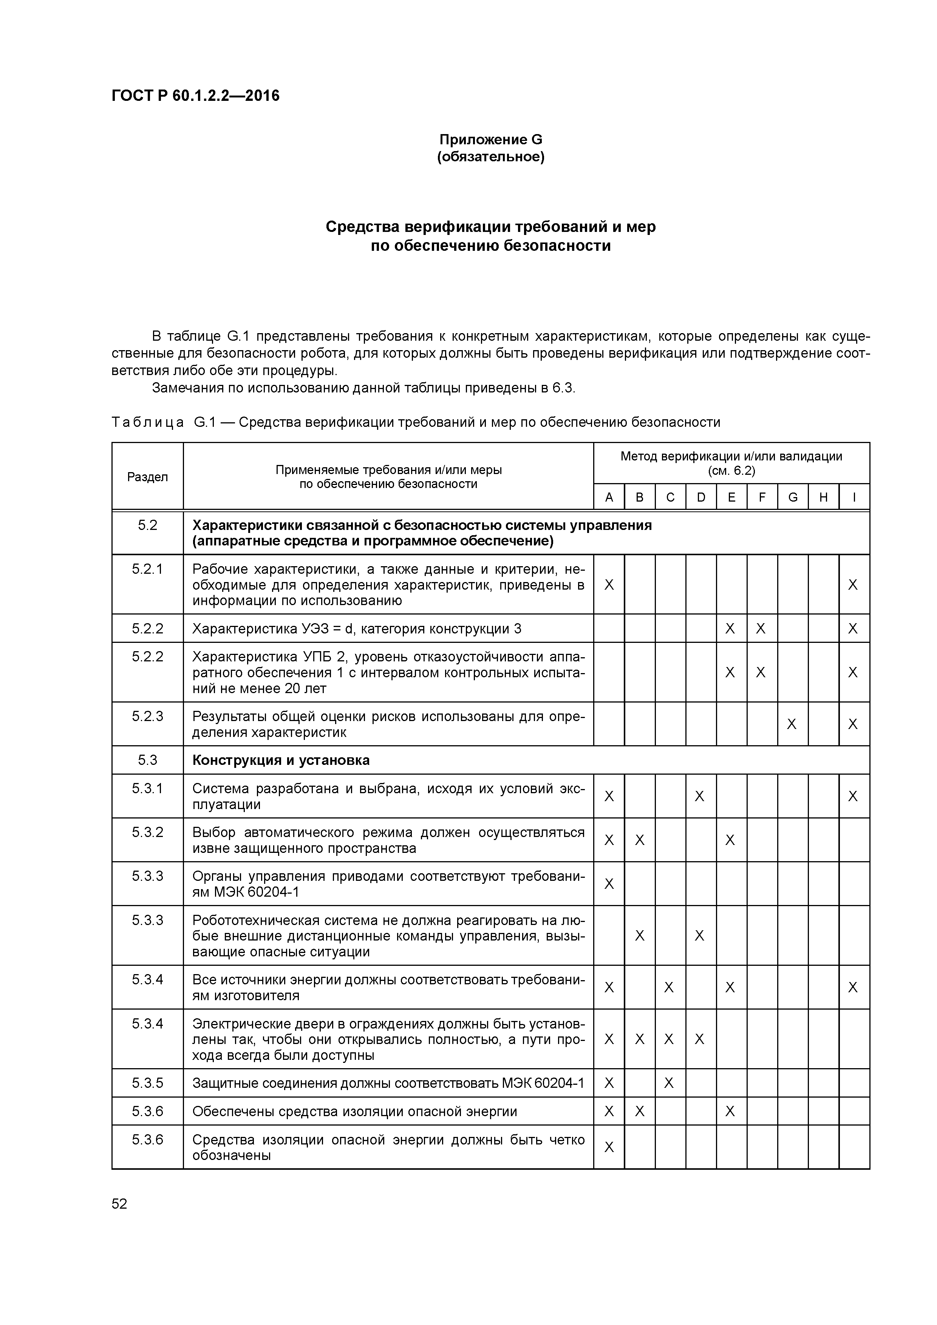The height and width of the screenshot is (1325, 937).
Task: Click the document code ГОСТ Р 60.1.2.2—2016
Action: pos(195,96)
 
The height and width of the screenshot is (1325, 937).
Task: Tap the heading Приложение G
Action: pos(491,140)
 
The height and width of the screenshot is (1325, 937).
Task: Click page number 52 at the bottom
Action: pos(119,1204)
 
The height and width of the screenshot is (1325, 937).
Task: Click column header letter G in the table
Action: pos(793,497)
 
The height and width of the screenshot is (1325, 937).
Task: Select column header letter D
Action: pos(701,497)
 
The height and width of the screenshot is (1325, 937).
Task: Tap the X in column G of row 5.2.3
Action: pos(792,724)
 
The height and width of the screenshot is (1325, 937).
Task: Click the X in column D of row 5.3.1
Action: pos(700,796)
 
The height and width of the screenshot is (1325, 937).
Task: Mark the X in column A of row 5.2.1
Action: pos(609,585)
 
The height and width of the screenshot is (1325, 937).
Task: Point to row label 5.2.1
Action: pos(147,569)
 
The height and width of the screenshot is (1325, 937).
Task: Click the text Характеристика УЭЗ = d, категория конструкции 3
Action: pos(356,629)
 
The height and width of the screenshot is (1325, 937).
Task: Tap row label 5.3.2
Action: pos(147,832)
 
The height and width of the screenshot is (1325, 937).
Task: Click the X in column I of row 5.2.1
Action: pos(853,585)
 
